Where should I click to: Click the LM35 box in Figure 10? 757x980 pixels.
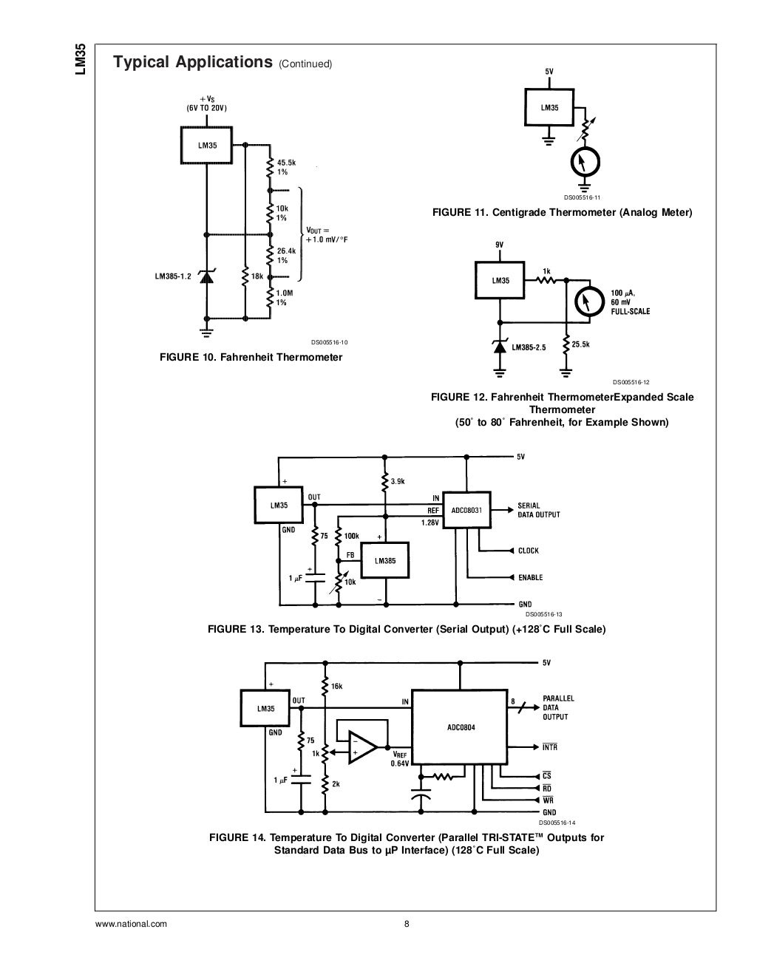[x=207, y=145]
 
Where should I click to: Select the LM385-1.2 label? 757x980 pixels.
[x=173, y=276]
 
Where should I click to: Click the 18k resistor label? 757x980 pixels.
[x=257, y=276]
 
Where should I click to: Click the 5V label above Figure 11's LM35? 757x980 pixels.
[x=549, y=72]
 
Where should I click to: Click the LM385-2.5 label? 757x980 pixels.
[x=529, y=347]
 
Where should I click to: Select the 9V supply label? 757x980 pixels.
[x=500, y=245]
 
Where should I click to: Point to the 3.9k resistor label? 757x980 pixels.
[x=398, y=481]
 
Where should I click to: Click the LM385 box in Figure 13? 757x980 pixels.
[x=384, y=560]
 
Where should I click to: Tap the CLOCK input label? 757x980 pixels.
[x=529, y=551]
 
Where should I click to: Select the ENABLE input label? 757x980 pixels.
[x=530, y=577]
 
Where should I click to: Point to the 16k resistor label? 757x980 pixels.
[x=336, y=686]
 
